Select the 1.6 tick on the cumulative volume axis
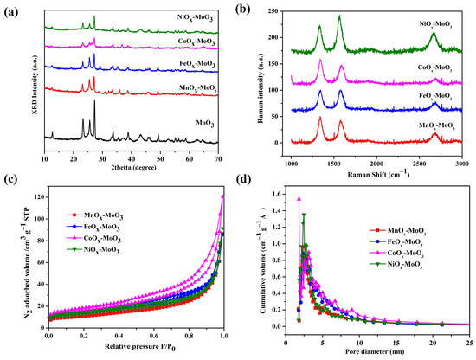[x=277, y=195]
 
